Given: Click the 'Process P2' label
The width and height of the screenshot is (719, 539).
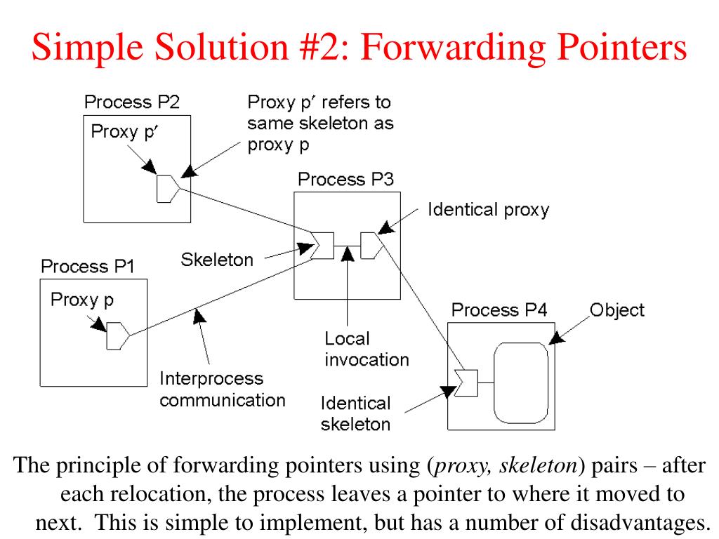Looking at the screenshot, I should (131, 102).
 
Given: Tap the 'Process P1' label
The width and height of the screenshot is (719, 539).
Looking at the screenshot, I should (87, 267).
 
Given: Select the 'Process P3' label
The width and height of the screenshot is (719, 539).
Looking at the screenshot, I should (345, 179).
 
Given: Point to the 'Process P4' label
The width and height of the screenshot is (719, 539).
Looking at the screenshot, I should (499, 310).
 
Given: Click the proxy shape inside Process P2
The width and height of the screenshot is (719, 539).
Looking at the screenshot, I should (166, 188).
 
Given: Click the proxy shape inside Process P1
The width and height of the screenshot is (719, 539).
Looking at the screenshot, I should (117, 337).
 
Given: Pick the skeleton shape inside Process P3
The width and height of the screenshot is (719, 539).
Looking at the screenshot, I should (322, 245).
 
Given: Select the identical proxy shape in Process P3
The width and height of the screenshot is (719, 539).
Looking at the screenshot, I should (370, 245).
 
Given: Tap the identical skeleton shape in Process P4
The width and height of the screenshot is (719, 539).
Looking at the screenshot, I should (466, 382).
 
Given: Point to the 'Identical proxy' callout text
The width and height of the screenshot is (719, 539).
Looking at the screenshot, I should (489, 209).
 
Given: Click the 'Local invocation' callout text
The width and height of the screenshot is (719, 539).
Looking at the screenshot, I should (366, 349).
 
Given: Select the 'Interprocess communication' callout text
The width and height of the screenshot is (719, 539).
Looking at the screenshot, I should (222, 390).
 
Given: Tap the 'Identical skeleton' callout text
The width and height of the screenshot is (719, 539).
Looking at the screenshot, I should (355, 413).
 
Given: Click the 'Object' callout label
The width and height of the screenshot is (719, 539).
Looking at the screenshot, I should (616, 310).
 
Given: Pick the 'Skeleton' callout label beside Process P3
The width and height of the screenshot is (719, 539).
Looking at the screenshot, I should (217, 260).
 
